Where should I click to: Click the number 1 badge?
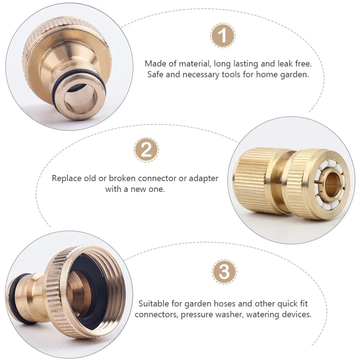click(x=223, y=36)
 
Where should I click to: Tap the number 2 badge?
click(x=146, y=150)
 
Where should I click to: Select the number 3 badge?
click(x=224, y=272)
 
